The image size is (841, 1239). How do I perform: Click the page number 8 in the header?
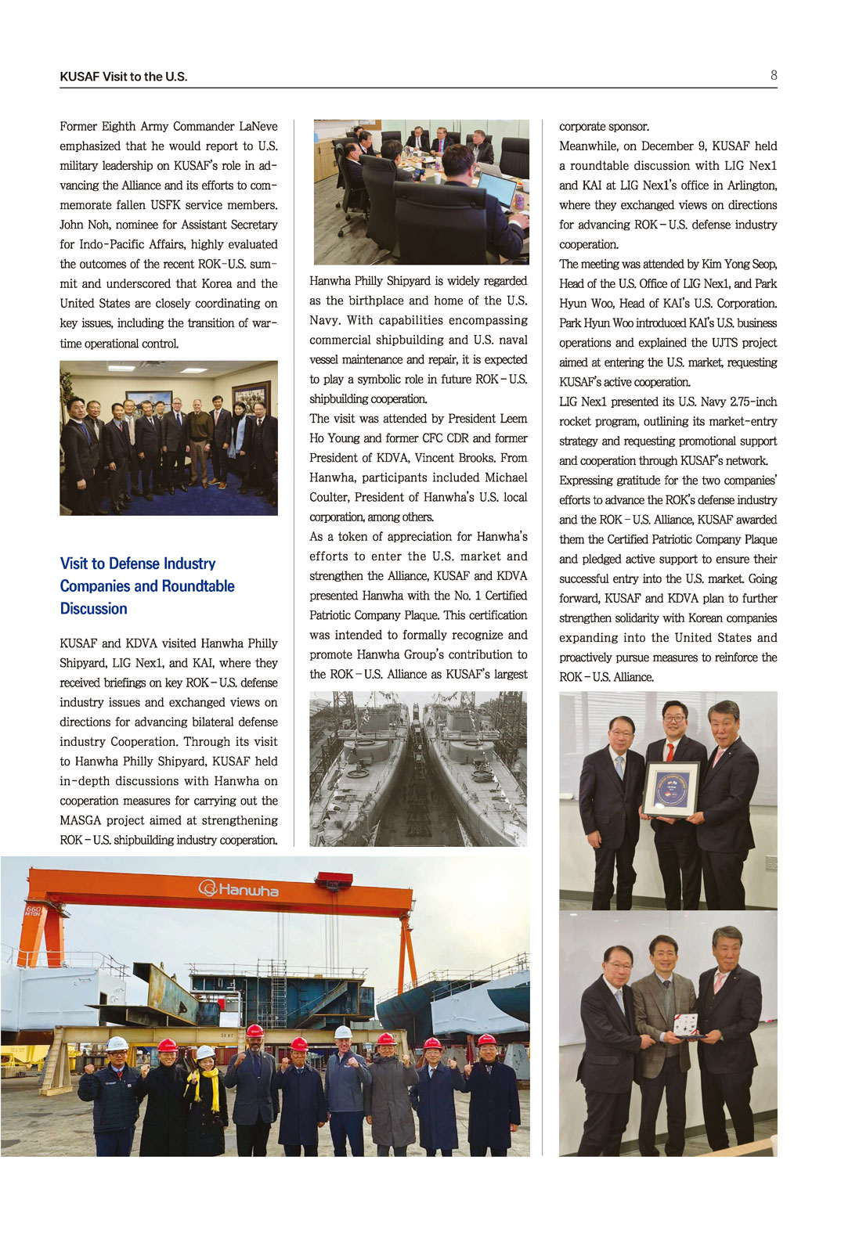click(774, 75)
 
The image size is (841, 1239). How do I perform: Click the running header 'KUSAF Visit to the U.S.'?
click(123, 77)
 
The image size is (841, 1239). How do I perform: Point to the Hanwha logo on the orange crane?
click(239, 888)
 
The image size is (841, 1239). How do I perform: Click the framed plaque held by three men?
click(670, 789)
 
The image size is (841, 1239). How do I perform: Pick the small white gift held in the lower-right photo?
click(686, 1024)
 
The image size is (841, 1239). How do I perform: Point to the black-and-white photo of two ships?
click(417, 768)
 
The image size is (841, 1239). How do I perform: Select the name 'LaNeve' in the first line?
click(258, 126)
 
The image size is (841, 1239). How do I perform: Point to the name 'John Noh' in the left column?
click(83, 225)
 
